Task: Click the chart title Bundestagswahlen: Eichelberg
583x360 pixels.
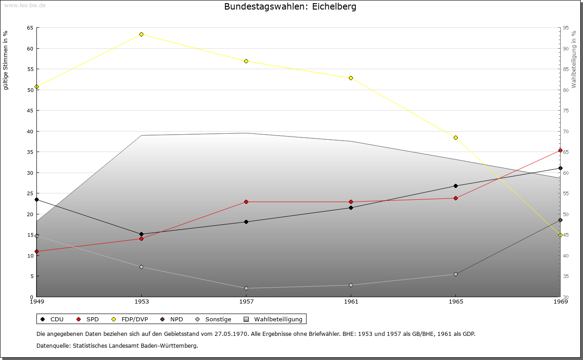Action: pos(290,7)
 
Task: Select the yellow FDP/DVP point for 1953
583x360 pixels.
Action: pos(141,34)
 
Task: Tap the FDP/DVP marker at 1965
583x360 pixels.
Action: pos(455,137)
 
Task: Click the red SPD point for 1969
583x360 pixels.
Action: pos(560,150)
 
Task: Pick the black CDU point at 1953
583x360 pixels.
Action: pos(141,234)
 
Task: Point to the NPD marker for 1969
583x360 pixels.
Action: pos(560,220)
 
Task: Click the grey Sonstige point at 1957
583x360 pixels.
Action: pos(246,288)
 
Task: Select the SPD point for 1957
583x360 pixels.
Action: pos(246,202)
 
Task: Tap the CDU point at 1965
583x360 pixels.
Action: pos(455,186)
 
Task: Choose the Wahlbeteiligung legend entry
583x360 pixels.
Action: pos(278,319)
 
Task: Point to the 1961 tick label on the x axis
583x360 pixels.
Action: pos(351,301)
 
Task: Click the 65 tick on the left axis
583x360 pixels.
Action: pos(30,28)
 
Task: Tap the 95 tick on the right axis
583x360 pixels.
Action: pos(566,28)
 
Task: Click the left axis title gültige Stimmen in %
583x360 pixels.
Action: pos(6,60)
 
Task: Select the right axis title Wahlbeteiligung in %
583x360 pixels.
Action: pos(574,59)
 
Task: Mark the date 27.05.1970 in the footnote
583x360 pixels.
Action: pos(231,334)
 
